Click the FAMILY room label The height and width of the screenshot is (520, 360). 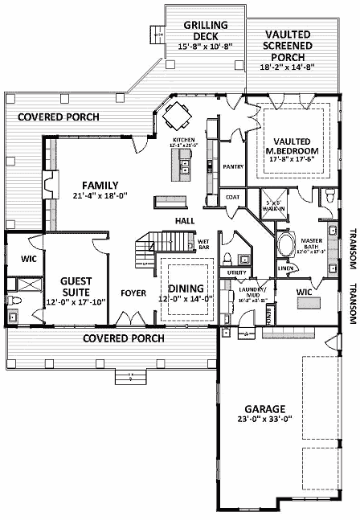(x=100, y=184)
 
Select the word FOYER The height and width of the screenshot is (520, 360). (x=133, y=293)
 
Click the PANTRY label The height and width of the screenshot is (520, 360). (x=233, y=167)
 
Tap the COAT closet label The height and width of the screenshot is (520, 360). (x=232, y=196)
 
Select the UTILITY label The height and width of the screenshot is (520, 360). (x=236, y=273)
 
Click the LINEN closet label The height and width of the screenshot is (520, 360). (x=284, y=268)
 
